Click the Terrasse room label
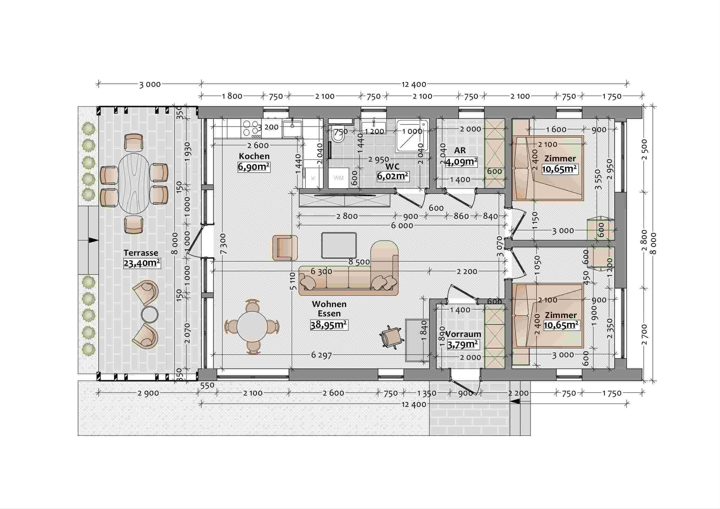click(141, 253)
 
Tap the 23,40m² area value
click(142, 263)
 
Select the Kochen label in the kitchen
click(254, 156)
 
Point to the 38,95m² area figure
click(329, 325)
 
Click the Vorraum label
click(463, 334)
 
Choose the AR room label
click(460, 151)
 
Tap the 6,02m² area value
click(393, 176)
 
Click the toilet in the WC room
click(339, 136)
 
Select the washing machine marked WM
click(338, 178)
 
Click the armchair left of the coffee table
click(285, 248)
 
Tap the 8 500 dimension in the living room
click(359, 262)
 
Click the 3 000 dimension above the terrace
click(150, 85)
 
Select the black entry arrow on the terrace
click(94, 240)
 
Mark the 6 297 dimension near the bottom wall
click(322, 355)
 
